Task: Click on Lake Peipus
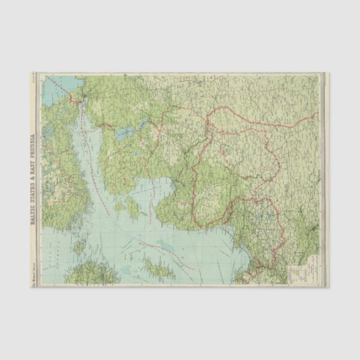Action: click(127, 134)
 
